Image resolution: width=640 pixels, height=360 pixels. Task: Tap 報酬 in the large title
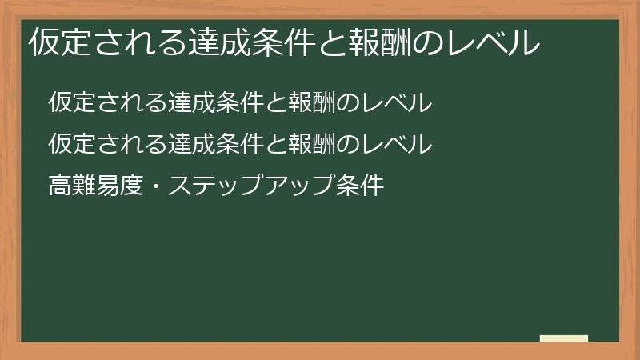[381, 42]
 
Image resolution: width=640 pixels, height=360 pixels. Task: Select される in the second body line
[128, 145]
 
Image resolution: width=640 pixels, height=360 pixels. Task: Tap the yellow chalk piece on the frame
[564, 338]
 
